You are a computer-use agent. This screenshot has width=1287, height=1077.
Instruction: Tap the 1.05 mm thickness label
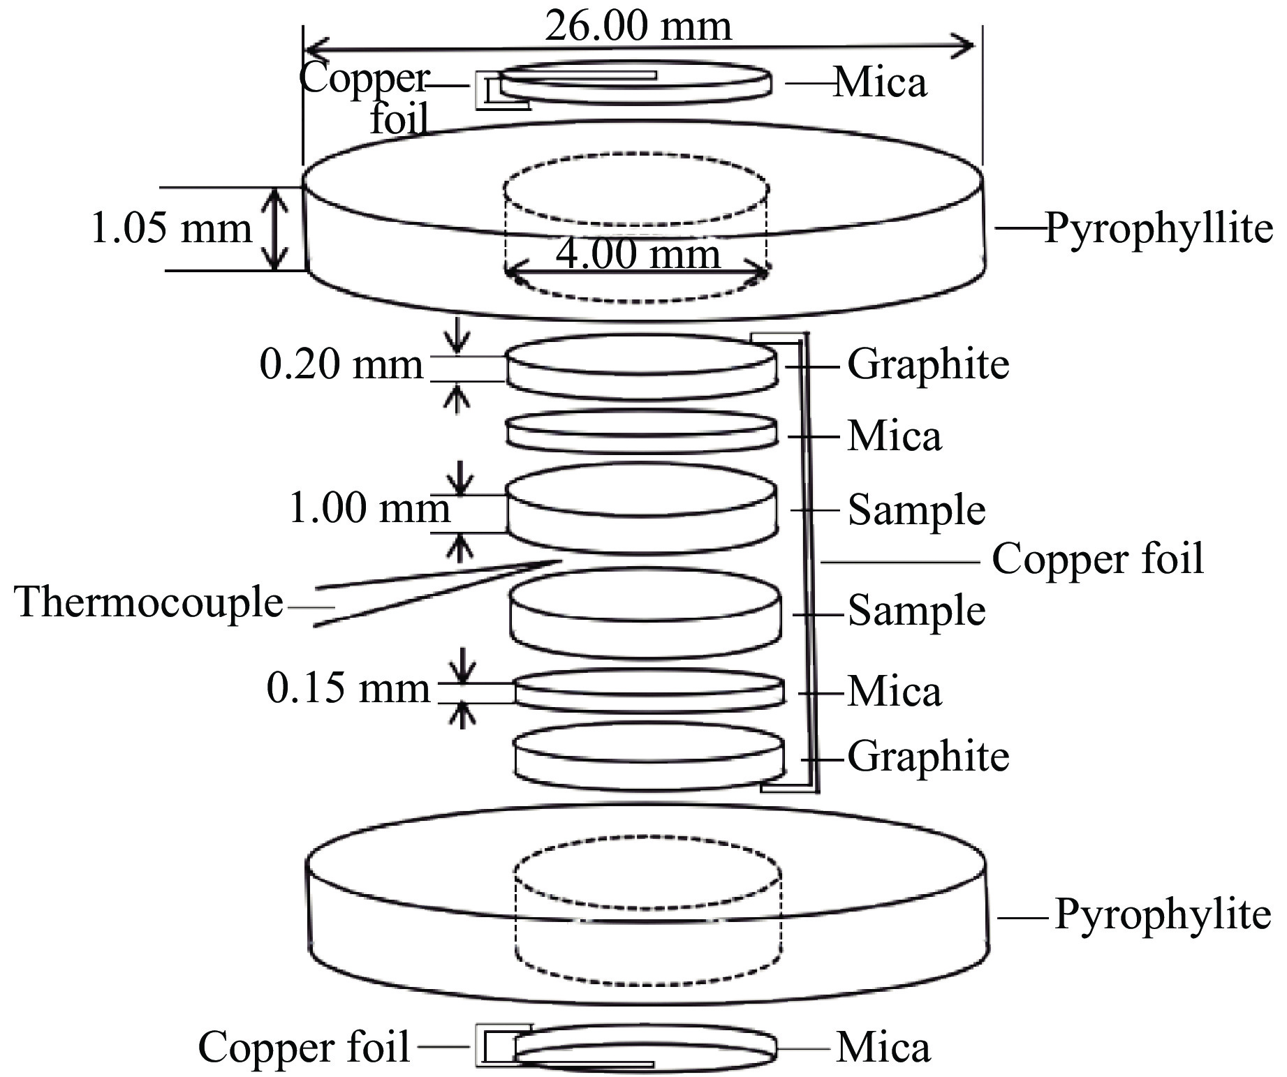point(172,228)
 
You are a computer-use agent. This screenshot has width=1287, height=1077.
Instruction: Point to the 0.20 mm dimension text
point(341,364)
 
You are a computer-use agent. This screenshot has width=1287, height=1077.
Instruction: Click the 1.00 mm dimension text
point(369,508)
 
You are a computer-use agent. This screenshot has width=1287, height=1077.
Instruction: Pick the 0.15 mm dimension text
point(348,689)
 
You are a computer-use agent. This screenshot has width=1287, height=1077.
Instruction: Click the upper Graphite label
point(928,365)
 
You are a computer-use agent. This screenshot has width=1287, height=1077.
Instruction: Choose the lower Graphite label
point(928,757)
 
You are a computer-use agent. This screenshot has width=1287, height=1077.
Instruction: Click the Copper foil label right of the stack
point(1098,559)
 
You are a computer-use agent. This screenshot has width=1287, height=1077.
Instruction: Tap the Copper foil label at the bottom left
point(304,1047)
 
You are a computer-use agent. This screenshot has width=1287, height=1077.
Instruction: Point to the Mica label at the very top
point(881,82)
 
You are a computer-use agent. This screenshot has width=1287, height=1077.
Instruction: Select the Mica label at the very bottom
point(883,1048)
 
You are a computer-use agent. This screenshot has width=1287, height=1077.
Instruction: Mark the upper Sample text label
point(916,510)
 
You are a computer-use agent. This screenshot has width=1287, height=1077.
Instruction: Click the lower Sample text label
point(916,611)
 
